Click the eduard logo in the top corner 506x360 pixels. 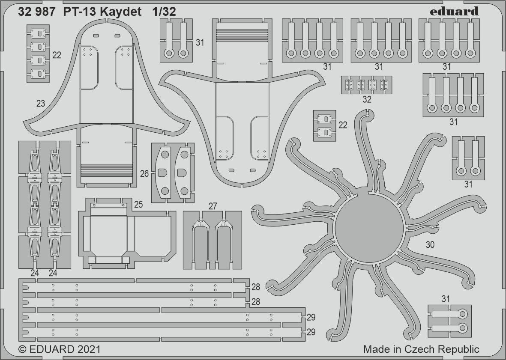click(455, 12)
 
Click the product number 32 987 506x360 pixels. click(36, 12)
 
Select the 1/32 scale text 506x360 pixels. click(163, 12)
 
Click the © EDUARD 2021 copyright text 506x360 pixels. click(60, 349)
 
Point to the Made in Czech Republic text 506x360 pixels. click(421, 349)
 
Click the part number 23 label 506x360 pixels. click(41, 104)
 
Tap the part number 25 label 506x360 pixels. click(138, 205)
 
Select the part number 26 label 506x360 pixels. click(144, 174)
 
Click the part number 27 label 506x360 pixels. click(213, 206)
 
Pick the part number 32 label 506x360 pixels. click(367, 100)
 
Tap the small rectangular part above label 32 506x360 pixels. click(367, 85)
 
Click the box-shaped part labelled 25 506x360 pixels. click(127, 233)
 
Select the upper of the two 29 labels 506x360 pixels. click(311, 317)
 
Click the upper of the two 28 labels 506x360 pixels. click(256, 287)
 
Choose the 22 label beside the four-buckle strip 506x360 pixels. click(57, 55)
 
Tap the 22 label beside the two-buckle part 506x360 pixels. click(343, 125)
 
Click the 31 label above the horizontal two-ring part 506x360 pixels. click(446, 299)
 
